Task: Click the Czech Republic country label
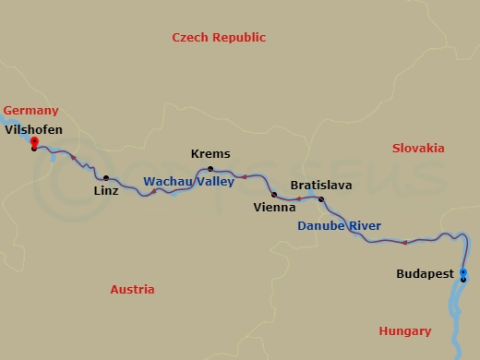(219, 38)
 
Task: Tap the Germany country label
(30, 110)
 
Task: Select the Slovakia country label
(417, 149)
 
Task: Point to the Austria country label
(132, 289)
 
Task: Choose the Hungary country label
(404, 331)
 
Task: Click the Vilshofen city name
(34, 130)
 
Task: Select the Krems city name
(210, 154)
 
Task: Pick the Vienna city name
(274, 209)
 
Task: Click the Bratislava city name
(320, 186)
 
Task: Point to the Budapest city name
(425, 274)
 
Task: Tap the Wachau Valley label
(188, 182)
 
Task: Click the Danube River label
(339, 226)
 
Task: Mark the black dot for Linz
(106, 178)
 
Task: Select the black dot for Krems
(210, 169)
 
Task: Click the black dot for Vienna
(274, 195)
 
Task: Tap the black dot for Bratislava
(321, 199)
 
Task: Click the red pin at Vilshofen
(34, 141)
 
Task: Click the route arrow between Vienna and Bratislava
(298, 198)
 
